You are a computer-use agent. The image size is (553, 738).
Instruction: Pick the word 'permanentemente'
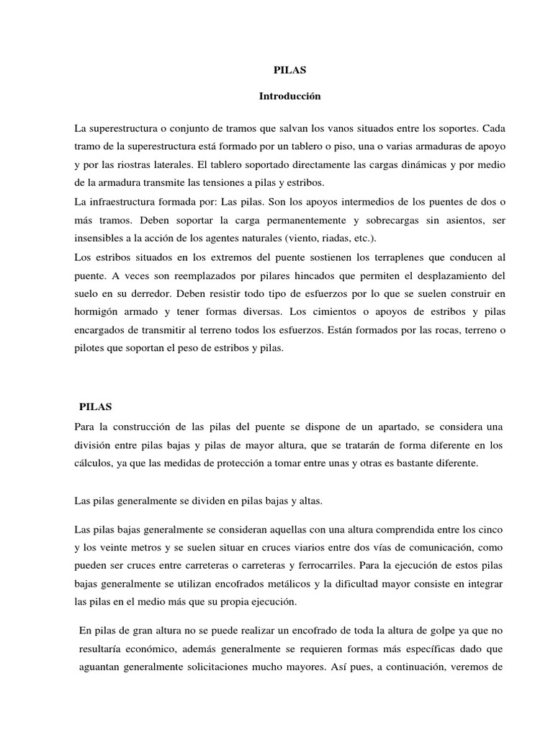pyautogui.click(x=253, y=219)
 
